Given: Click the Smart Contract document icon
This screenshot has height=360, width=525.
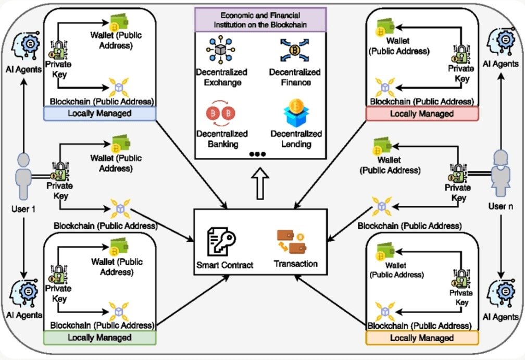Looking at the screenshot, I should pyautogui.click(x=221, y=241).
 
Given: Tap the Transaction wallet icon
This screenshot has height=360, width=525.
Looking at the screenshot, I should pyautogui.click(x=291, y=241).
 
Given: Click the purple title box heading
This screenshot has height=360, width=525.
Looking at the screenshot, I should pyautogui.click(x=260, y=19).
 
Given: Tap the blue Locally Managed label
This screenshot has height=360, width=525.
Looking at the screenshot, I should pyautogui.click(x=99, y=114).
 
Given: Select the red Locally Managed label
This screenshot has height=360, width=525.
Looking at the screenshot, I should pyautogui.click(x=422, y=114).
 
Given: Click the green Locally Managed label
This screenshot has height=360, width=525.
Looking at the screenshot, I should pyautogui.click(x=99, y=338).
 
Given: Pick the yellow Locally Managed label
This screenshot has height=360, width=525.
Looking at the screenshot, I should pyautogui.click(x=422, y=338).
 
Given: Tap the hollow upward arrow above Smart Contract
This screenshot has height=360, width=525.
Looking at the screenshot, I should pyautogui.click(x=260, y=185).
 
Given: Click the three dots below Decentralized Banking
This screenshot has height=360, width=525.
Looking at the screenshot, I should pyautogui.click(x=258, y=154).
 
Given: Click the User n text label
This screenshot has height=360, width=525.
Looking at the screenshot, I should pyautogui.click(x=501, y=206).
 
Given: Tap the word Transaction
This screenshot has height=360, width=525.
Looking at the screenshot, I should pyautogui.click(x=295, y=264).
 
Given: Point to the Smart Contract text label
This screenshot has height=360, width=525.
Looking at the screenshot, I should pyautogui.click(x=225, y=265).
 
